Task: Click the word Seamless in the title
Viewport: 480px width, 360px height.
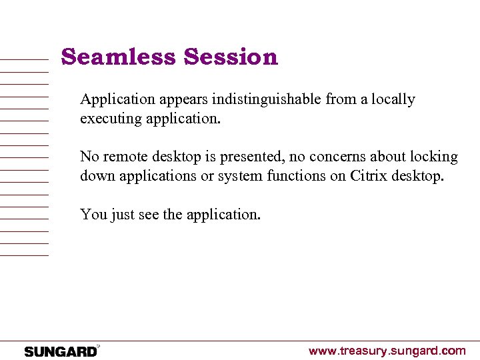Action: (119, 57)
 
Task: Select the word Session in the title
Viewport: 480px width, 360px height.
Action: (231, 57)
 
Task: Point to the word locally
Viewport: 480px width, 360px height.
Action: (393, 100)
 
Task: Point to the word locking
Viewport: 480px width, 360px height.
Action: (433, 157)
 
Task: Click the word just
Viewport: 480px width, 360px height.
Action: (121, 215)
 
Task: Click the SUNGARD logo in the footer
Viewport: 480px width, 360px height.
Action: (61, 351)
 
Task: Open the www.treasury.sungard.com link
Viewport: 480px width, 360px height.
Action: (387, 351)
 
